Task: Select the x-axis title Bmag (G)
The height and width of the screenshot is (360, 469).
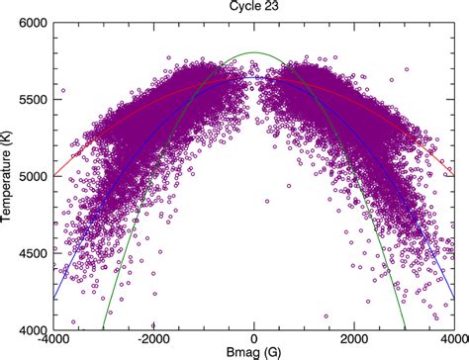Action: click(254, 352)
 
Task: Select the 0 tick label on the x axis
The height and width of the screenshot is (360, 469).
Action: click(254, 339)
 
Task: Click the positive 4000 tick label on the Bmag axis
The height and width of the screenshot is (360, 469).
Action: click(451, 339)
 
